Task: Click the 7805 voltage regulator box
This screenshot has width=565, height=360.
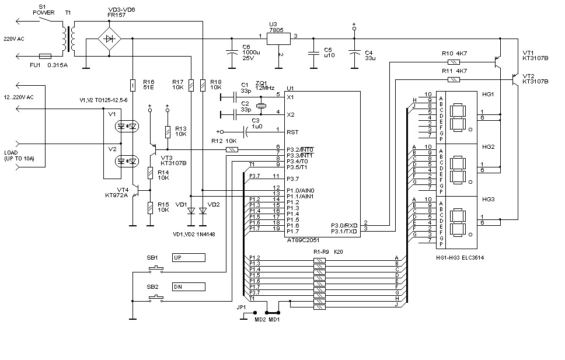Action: [x=278, y=39]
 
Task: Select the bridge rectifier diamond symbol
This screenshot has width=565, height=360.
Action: [x=110, y=39]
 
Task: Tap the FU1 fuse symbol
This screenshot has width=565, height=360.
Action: [x=45, y=56]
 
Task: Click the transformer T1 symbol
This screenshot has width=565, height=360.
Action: [x=69, y=39]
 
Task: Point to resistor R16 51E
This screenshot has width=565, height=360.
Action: [x=132, y=85]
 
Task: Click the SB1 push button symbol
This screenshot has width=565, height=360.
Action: [x=156, y=268]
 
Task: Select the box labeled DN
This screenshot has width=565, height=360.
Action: [x=189, y=287]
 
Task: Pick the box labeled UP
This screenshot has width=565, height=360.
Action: [x=189, y=258]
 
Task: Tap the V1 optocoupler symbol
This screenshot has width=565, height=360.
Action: [x=127, y=126]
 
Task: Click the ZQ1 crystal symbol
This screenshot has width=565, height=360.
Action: [x=261, y=106]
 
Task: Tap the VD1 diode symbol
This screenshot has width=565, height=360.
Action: [x=191, y=211]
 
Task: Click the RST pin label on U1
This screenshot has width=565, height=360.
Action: [x=292, y=132]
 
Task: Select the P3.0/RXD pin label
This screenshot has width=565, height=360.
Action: [x=344, y=226]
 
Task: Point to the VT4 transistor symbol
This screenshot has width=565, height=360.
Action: [x=135, y=190]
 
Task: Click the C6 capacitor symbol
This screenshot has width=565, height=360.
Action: [x=232, y=53]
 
